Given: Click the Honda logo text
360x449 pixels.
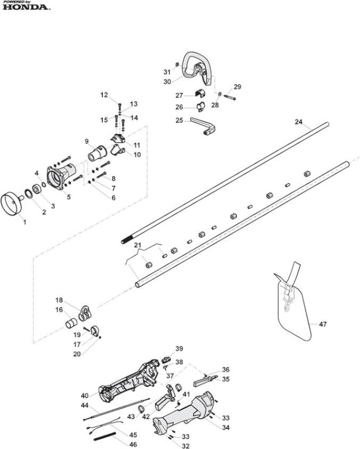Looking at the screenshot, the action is coord(26,7).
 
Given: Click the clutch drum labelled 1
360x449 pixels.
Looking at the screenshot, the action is coord(12,204).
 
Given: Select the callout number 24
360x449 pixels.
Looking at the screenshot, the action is coord(299,122).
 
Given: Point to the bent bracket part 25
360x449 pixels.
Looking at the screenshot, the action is coord(204,125).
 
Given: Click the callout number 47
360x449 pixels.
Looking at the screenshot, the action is coord(323,324).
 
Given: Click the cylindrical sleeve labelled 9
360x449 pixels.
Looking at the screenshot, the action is coord(97,154).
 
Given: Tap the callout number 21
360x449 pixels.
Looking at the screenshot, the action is coord(138,245).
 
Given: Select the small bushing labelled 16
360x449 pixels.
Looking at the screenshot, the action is coord(71,323).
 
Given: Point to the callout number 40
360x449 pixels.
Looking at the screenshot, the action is coord(85,396).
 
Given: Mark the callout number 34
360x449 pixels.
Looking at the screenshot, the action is coord(226,428).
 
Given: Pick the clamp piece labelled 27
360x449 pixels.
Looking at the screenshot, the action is coord(200,94).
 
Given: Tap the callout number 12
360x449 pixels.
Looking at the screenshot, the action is coord(104,95).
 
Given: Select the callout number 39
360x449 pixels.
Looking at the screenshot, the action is coord(179,349).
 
